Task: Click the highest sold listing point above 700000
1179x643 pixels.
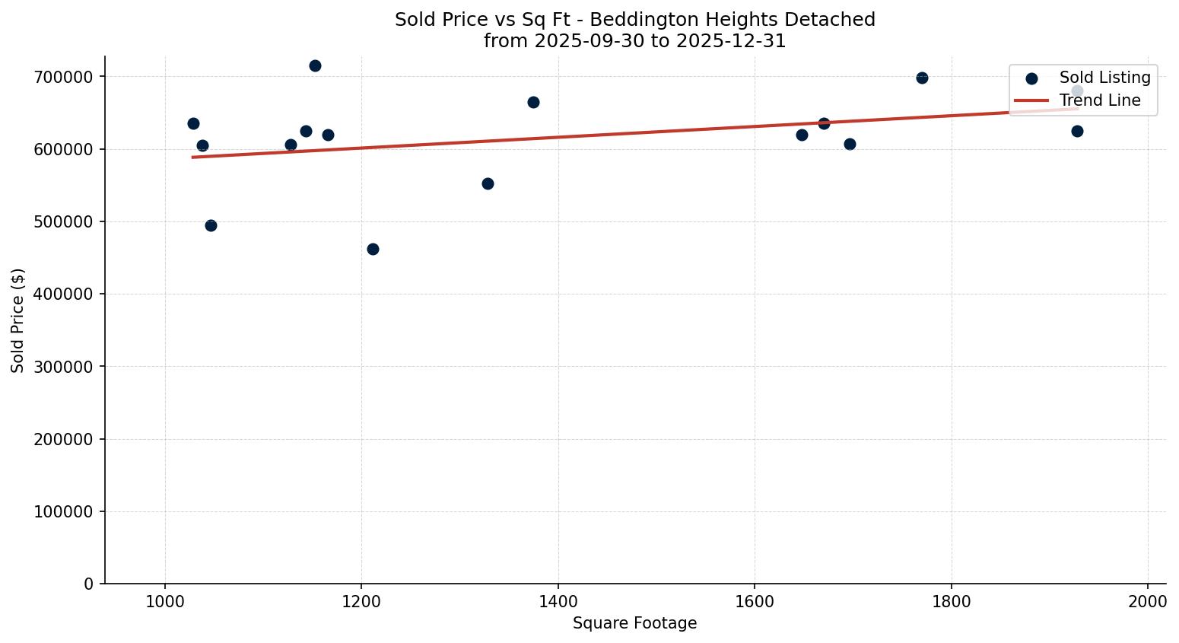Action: click(x=315, y=65)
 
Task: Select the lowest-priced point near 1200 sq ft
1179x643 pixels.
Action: click(x=373, y=249)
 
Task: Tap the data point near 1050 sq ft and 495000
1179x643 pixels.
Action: click(x=211, y=225)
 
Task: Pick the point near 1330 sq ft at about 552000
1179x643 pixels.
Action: click(x=488, y=183)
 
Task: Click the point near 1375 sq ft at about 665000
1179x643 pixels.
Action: click(x=533, y=102)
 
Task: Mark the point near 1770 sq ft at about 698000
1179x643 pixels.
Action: click(x=922, y=78)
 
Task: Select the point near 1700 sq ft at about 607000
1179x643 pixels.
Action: click(x=850, y=144)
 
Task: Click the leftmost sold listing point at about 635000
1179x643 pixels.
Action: click(x=193, y=123)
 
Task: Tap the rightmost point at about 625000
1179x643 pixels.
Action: click(x=1077, y=131)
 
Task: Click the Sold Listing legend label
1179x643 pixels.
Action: click(x=1104, y=78)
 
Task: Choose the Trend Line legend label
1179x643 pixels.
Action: click(x=1100, y=100)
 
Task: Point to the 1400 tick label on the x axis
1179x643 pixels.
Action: click(x=558, y=600)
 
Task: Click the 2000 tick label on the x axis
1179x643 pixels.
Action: click(x=1147, y=600)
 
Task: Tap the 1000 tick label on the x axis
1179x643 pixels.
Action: click(x=165, y=600)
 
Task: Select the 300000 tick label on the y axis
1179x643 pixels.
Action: click(x=64, y=367)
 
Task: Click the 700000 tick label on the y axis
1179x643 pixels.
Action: click(x=64, y=77)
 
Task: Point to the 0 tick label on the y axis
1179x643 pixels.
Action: click(x=89, y=584)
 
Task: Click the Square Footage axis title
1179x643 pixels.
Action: click(x=634, y=623)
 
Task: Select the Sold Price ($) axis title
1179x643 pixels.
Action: click(x=18, y=320)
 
